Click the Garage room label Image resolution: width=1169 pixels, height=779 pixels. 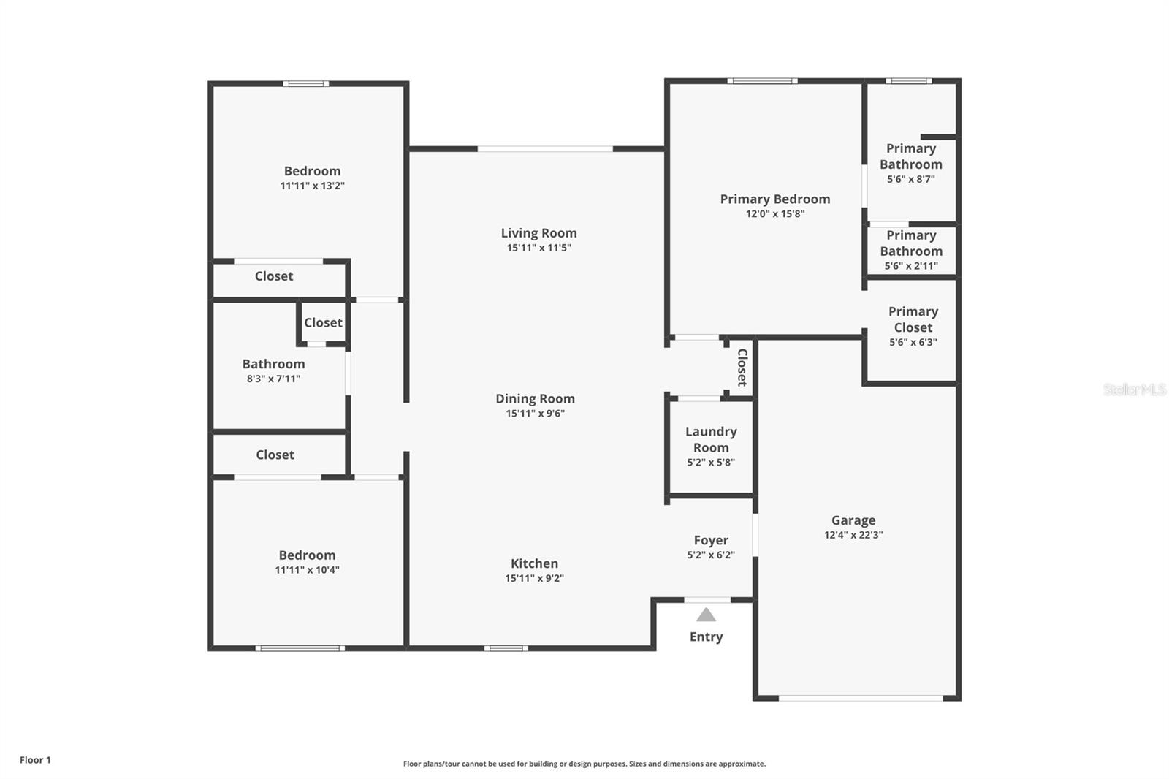853,520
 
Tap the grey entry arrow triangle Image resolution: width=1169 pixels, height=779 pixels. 706,615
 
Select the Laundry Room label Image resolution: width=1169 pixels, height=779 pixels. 711,439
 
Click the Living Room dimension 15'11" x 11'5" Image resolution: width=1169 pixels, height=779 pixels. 538,248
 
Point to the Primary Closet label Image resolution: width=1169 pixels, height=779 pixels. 913,319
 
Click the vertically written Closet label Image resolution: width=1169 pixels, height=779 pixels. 742,367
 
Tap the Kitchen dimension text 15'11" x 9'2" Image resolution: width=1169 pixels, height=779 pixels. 534,578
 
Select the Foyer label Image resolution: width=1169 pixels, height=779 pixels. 711,540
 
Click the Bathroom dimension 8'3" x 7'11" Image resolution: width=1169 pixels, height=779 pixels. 273,379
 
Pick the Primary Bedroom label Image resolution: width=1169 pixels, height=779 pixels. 774,199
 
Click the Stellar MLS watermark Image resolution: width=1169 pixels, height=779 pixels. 1134,389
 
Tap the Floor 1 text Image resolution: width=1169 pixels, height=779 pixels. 35,760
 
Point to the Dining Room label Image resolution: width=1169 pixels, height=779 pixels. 535,398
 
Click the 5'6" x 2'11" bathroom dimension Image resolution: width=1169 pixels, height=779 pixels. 910,266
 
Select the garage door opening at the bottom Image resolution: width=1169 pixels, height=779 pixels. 861,698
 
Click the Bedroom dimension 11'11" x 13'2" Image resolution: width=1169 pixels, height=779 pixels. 312,186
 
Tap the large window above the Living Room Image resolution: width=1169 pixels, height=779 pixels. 545,149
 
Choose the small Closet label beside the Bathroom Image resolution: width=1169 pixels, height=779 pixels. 323,322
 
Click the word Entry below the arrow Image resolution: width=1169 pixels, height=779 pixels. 706,636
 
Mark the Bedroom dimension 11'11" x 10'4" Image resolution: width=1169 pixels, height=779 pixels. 307,570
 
